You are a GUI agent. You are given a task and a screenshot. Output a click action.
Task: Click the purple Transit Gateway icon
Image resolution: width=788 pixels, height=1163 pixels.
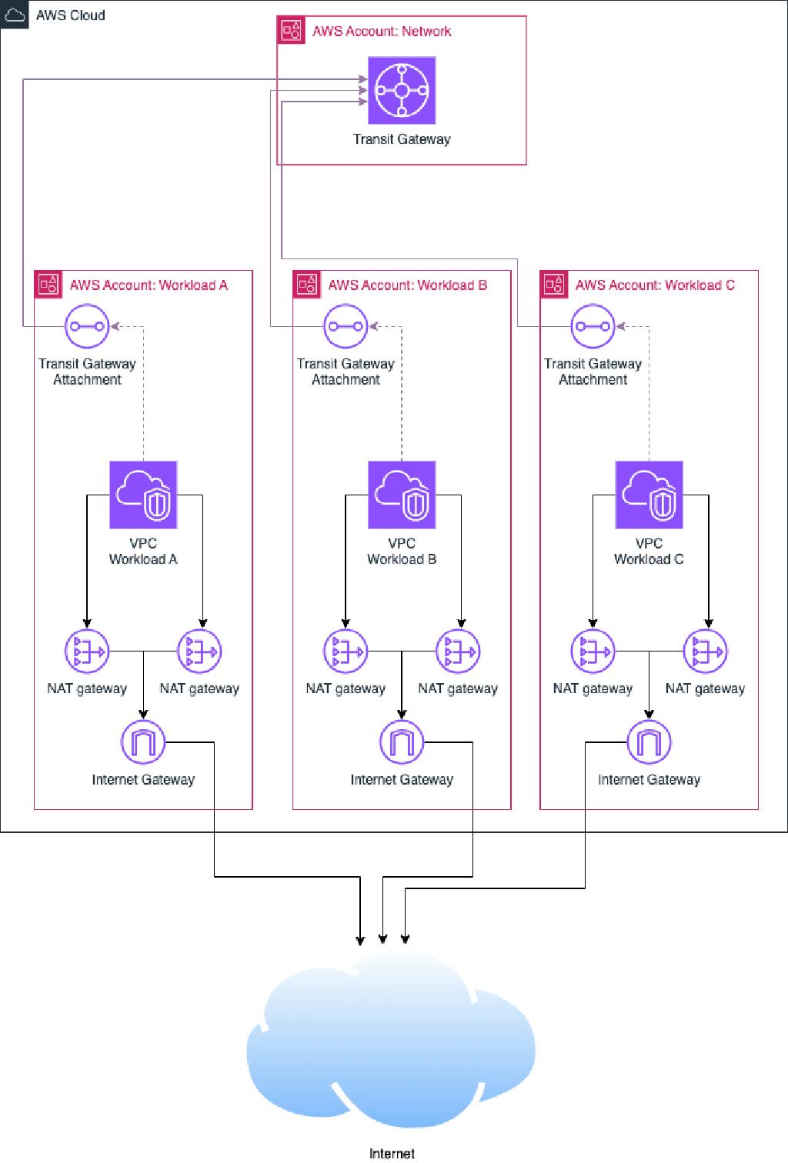coord(402,90)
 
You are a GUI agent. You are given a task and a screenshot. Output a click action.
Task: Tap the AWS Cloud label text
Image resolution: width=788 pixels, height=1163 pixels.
coord(71,15)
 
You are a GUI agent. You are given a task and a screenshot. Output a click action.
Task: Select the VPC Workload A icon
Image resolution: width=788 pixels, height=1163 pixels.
coord(143,495)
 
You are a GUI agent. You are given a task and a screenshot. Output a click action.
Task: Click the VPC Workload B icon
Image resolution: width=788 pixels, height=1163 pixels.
coord(402,495)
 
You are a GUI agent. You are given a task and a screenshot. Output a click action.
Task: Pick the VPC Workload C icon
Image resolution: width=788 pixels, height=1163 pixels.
coord(649,495)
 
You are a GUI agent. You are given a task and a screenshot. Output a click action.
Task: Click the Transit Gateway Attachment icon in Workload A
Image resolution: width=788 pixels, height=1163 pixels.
coord(87,326)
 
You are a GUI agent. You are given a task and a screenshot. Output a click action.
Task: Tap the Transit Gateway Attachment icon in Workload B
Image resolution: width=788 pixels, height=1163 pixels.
coord(346,326)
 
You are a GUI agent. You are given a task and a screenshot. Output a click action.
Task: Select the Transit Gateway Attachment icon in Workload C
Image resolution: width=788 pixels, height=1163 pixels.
coord(593,326)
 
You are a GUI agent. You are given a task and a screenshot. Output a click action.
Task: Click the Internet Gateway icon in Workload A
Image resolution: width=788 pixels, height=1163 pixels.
coord(143,742)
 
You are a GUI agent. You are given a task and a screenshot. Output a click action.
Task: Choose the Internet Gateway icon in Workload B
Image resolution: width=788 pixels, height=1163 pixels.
coord(402,742)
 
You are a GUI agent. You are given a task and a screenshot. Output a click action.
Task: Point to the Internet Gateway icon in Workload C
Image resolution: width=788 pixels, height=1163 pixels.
coord(649,742)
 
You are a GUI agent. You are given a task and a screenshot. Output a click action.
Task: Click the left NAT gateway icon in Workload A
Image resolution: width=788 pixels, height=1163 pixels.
coord(87,651)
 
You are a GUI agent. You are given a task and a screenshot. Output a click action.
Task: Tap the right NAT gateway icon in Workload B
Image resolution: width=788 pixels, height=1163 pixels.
coord(458,651)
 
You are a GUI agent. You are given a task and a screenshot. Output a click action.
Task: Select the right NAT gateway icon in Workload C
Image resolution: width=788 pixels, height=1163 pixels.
coord(706,651)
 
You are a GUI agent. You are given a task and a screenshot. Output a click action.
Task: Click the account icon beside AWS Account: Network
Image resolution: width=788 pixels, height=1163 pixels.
coord(291,30)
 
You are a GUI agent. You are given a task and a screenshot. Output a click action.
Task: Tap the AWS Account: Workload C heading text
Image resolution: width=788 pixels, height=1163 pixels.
coord(655,285)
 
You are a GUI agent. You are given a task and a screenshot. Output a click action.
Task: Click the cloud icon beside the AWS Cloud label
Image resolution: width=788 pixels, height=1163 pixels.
coord(14,15)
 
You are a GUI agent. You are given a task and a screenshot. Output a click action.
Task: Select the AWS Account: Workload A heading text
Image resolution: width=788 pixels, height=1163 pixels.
coord(149,285)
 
